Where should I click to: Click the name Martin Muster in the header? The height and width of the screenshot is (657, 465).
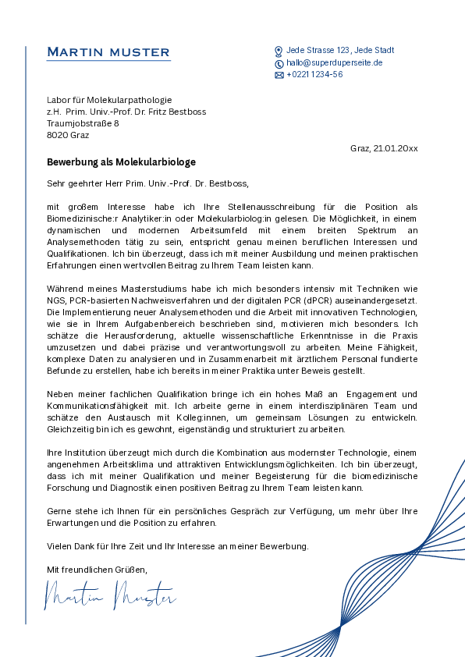pos(108,52)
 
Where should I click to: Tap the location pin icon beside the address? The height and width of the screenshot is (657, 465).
pos(279,51)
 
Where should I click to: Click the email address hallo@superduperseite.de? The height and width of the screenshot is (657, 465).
pos(334,62)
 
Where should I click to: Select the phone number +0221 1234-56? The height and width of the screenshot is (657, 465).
pos(314,75)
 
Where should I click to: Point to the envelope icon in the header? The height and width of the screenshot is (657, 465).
pos(279,75)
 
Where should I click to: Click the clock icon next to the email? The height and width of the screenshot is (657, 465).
pos(279,63)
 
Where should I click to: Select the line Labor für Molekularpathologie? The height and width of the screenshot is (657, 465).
pos(108,100)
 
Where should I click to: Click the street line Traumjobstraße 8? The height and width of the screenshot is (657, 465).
pos(83,123)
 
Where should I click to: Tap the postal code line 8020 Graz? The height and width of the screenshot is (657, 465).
pos(68,135)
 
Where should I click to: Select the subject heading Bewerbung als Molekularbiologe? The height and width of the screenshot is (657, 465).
pos(121,162)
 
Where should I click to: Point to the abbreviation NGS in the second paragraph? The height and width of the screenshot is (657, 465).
pos(56,300)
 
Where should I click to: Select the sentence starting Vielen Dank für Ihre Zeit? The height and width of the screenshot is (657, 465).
pos(177,546)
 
